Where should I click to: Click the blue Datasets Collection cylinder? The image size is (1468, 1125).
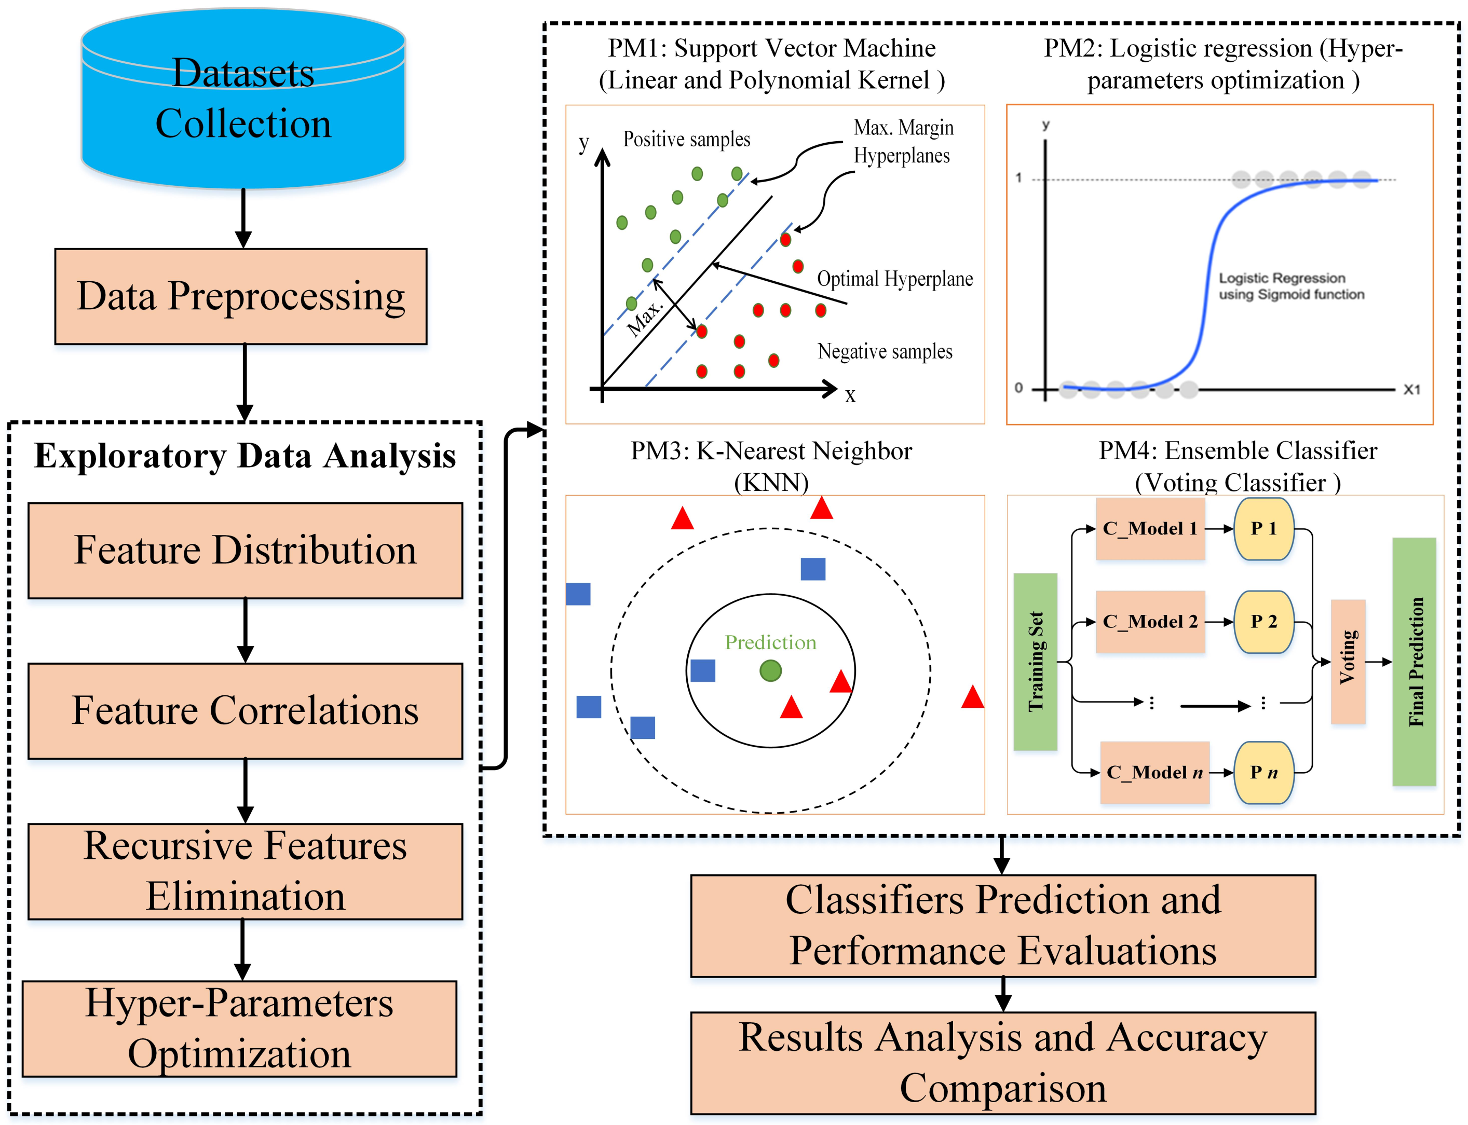243,99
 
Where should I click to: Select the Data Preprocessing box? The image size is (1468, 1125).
241,297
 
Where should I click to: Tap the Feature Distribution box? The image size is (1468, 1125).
245,551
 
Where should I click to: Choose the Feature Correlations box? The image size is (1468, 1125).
245,710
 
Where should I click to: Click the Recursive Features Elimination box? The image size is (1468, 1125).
245,871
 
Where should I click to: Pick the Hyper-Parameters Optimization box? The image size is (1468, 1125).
240,1029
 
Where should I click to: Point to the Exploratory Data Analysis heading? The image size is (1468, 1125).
245,456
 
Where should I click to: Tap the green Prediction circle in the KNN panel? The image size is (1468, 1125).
771,670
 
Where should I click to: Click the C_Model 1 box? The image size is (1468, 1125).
1150,529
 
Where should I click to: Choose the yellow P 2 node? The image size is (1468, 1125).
1265,622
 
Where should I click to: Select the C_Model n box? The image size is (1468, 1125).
1154,772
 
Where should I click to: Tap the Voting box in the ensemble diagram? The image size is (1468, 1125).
1348,662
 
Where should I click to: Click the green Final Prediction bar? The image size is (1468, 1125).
1415,662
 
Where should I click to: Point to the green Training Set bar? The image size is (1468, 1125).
1036,662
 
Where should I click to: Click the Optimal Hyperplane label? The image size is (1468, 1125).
895,279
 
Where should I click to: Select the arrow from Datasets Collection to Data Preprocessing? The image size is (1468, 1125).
243,218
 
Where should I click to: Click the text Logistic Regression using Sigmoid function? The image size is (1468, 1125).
1291,286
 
